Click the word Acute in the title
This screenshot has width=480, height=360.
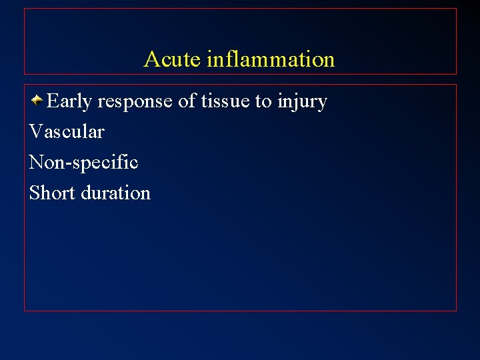pyautogui.click(x=172, y=59)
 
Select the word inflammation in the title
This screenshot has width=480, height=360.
pyautogui.click(x=271, y=59)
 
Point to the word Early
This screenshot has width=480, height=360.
pyautogui.click(x=69, y=102)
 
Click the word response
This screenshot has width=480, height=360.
pyautogui.click(x=135, y=102)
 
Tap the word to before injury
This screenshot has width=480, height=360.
pyautogui.click(x=263, y=101)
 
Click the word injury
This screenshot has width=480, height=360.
pyautogui.click(x=302, y=102)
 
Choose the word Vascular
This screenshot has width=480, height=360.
pyautogui.click(x=67, y=132)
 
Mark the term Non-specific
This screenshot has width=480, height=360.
pyautogui.click(x=83, y=163)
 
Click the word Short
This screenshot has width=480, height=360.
pyautogui.click(x=53, y=193)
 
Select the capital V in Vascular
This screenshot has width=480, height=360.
pyautogui.click(x=35, y=132)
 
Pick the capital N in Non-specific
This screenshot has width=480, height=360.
pyautogui.click(x=36, y=162)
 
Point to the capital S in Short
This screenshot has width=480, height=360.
pyautogui.click(x=35, y=193)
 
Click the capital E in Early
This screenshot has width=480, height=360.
pyautogui.click(x=53, y=101)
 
